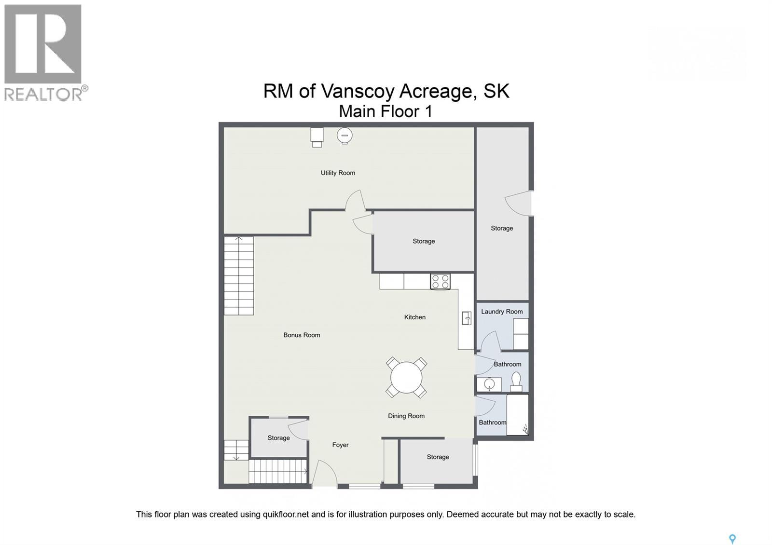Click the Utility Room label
pyautogui.click(x=338, y=173)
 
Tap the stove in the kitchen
pyautogui.click(x=440, y=282)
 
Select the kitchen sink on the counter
pyautogui.click(x=467, y=318)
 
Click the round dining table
pyautogui.click(x=406, y=378)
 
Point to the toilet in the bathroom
pyautogui.click(x=516, y=381)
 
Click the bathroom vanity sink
pyautogui.click(x=489, y=385)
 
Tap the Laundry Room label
pyautogui.click(x=502, y=312)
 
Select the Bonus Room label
pyautogui.click(x=302, y=335)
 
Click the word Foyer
pyautogui.click(x=340, y=445)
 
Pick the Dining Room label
pyautogui.click(x=406, y=416)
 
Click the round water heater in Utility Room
pyautogui.click(x=345, y=136)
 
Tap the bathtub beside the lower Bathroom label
pyautogui.click(x=518, y=415)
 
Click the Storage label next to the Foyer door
pyautogui.click(x=278, y=438)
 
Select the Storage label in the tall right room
pyautogui.click(x=502, y=228)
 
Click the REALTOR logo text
pyautogui.click(x=43, y=94)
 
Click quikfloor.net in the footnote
pyautogui.click(x=285, y=514)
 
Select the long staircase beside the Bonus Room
pyautogui.click(x=239, y=276)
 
